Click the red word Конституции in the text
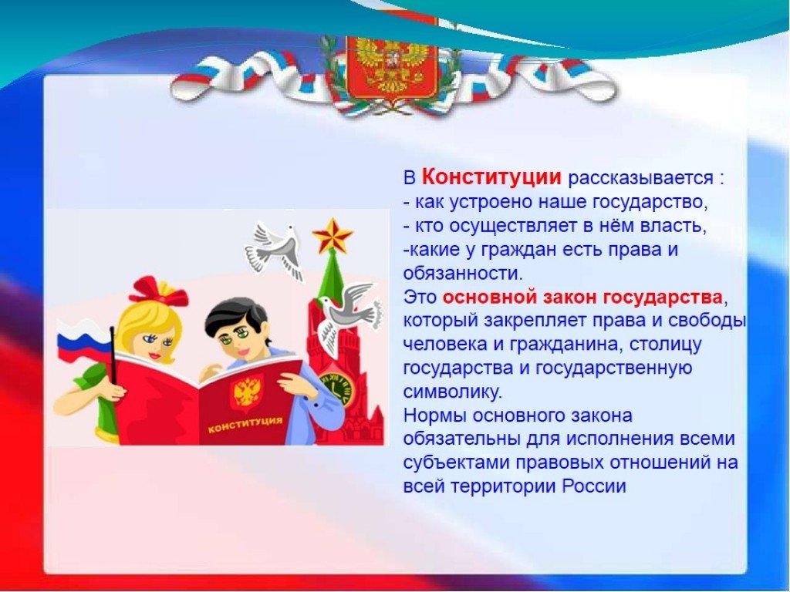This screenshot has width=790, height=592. tap(491, 177)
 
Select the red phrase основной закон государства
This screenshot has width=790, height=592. tap(582, 297)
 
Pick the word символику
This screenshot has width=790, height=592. tap(452, 392)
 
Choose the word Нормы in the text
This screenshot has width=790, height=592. tap(434, 415)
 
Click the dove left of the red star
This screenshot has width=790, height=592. tap(275, 249)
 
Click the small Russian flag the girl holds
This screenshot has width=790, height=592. tap(84, 340)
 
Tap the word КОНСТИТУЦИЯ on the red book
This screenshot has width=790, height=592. tap(245, 425)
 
